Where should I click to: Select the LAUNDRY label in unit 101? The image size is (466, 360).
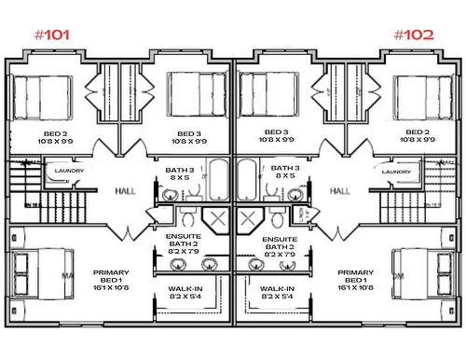click(70, 172)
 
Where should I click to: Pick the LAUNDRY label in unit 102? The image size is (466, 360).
click(396, 172)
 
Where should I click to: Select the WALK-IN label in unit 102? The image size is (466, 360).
click(279, 293)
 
